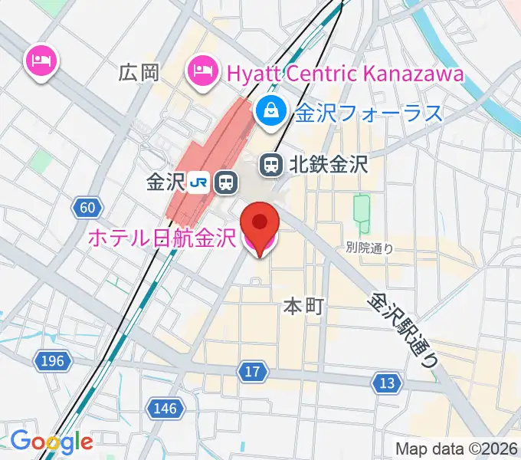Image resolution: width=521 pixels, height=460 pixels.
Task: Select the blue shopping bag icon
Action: tap(271, 112)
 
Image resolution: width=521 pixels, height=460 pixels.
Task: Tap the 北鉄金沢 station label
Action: tap(329, 163)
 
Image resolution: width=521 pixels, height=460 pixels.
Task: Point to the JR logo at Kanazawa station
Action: tap(200, 182)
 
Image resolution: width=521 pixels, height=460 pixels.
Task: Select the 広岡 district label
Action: tap(139, 73)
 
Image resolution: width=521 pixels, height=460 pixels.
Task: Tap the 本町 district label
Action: tap(303, 307)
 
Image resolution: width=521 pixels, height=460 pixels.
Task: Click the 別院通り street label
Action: tap(369, 247)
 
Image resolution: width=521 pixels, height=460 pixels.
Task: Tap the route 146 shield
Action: tap(165, 408)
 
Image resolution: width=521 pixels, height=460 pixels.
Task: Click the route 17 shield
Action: tap(253, 373)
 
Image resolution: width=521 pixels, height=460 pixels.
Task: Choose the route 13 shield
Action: tap(388, 382)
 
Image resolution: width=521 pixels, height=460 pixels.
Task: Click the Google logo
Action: tap(51, 442)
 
